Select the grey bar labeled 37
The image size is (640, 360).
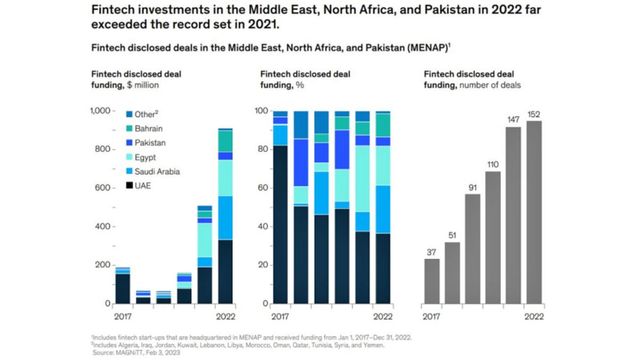432,281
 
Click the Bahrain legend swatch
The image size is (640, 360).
129,129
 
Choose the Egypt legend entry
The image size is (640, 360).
145,157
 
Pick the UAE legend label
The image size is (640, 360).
142,186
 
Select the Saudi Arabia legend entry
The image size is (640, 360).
157,172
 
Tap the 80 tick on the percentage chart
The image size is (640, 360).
262,150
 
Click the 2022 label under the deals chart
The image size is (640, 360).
534,317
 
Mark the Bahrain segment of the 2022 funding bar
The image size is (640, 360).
226,141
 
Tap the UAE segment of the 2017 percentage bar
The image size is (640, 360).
281,224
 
